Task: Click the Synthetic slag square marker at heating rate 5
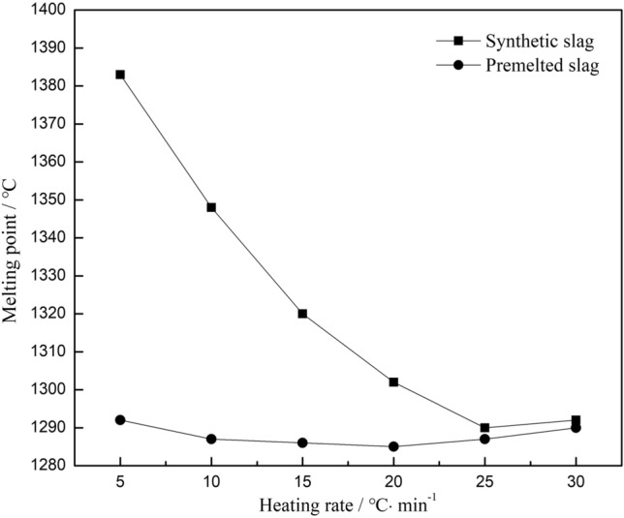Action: click(x=120, y=75)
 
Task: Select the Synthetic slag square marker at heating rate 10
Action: click(x=211, y=207)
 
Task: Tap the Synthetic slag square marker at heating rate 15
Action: click(x=302, y=314)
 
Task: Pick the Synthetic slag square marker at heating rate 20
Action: click(x=393, y=381)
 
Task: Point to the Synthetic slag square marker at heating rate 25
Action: click(x=484, y=427)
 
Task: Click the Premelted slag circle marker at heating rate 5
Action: click(x=120, y=419)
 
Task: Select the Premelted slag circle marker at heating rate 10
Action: click(x=211, y=439)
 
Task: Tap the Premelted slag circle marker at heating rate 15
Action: click(x=302, y=442)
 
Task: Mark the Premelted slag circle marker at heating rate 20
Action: click(x=393, y=446)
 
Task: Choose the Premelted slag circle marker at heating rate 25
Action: click(x=484, y=439)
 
